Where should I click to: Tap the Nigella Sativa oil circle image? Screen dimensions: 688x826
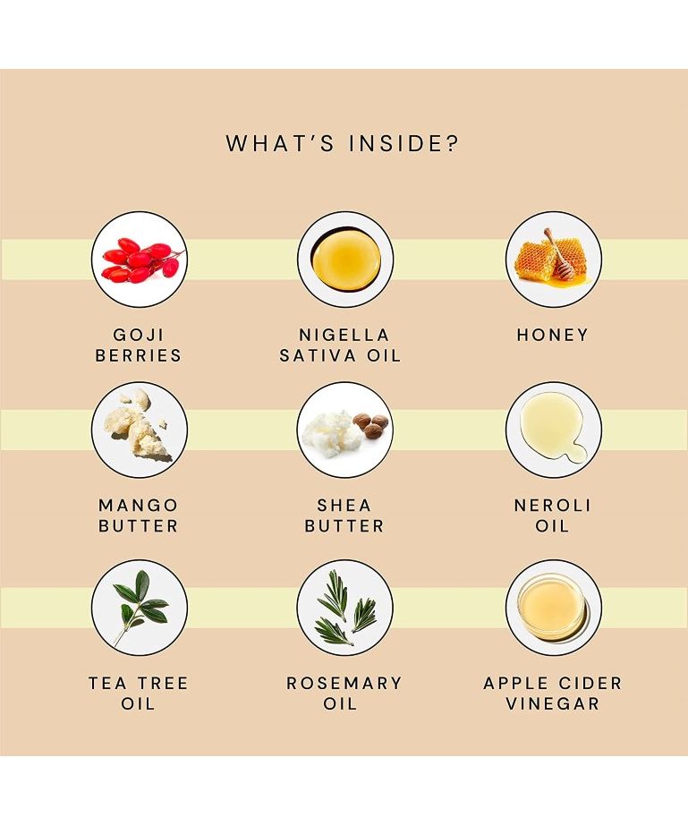[x=345, y=260]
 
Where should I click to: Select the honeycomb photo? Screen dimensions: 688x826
[x=554, y=260]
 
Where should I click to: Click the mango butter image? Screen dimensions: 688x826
[x=139, y=430]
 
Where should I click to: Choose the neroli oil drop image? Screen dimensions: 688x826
[x=554, y=430]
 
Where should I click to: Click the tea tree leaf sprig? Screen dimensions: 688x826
[x=140, y=608]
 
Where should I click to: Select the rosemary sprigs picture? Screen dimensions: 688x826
[x=345, y=608]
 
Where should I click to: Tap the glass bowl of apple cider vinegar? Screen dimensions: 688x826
[x=551, y=607]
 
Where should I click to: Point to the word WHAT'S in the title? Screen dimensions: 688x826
[x=280, y=144]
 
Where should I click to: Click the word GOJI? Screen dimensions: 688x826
[x=139, y=335]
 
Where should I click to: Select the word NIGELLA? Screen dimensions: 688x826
[x=344, y=335]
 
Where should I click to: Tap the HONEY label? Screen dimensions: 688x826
[x=553, y=335]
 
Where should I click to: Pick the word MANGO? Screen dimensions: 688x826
[x=139, y=506]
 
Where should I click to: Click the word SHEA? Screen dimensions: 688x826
[x=344, y=506]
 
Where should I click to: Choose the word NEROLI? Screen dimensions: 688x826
[x=553, y=506]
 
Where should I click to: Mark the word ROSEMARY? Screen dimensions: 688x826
[x=344, y=683]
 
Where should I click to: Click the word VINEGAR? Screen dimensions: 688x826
[x=553, y=703]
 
